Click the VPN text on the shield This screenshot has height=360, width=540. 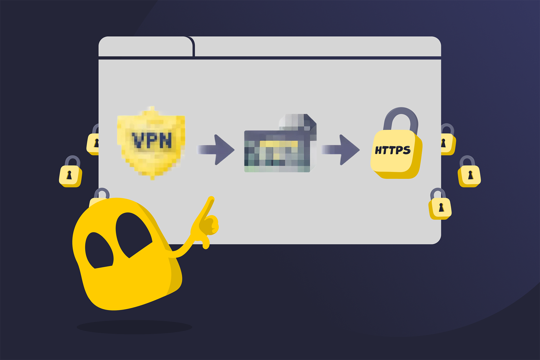tap(152, 140)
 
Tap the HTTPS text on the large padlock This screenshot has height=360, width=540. tap(393, 150)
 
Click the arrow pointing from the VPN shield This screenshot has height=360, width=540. tap(216, 150)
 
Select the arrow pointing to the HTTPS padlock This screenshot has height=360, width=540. tap(341, 150)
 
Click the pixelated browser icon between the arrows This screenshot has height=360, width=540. tap(280, 143)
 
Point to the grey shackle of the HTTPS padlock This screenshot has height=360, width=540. tap(401, 120)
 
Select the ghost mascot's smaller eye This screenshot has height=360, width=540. tap(99, 251)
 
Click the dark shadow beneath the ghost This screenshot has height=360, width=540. tap(134, 327)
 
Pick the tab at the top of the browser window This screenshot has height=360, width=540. tap(146, 46)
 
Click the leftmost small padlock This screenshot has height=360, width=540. tap(70, 172)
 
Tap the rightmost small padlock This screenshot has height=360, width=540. tap(469, 172)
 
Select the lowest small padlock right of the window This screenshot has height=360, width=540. tap(440, 204)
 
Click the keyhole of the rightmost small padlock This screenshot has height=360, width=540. tap(470, 175)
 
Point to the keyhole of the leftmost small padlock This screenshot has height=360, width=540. tap(69, 175)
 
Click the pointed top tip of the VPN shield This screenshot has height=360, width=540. tap(152, 107)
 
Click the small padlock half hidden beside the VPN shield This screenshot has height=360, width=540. tap(93, 139)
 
